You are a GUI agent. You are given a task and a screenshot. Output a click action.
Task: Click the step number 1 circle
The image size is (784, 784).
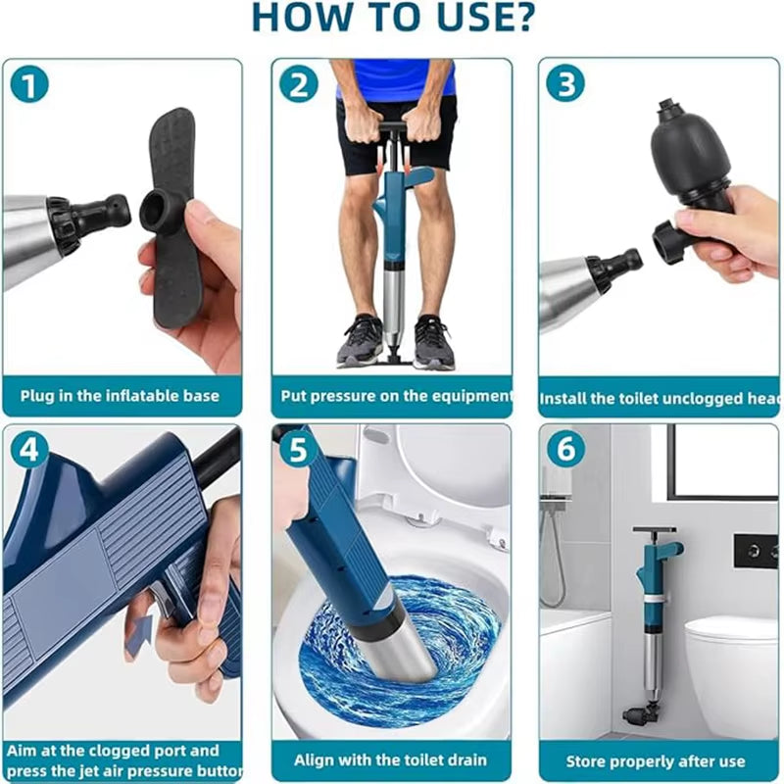coord(29,85)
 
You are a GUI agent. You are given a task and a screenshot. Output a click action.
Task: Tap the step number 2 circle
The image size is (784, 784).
coord(298,85)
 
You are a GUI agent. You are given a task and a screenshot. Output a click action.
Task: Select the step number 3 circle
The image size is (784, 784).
coord(565,85)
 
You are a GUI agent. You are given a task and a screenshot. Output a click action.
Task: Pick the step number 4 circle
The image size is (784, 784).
coord(29,450)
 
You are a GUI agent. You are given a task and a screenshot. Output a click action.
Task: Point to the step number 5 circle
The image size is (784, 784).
coord(298,450)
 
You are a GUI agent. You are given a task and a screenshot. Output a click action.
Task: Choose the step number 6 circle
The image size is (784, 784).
coord(565,450)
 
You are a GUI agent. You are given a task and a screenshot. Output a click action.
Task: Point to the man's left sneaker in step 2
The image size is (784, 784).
coord(432,343)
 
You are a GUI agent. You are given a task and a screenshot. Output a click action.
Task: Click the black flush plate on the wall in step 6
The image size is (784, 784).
coord(755,552)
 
